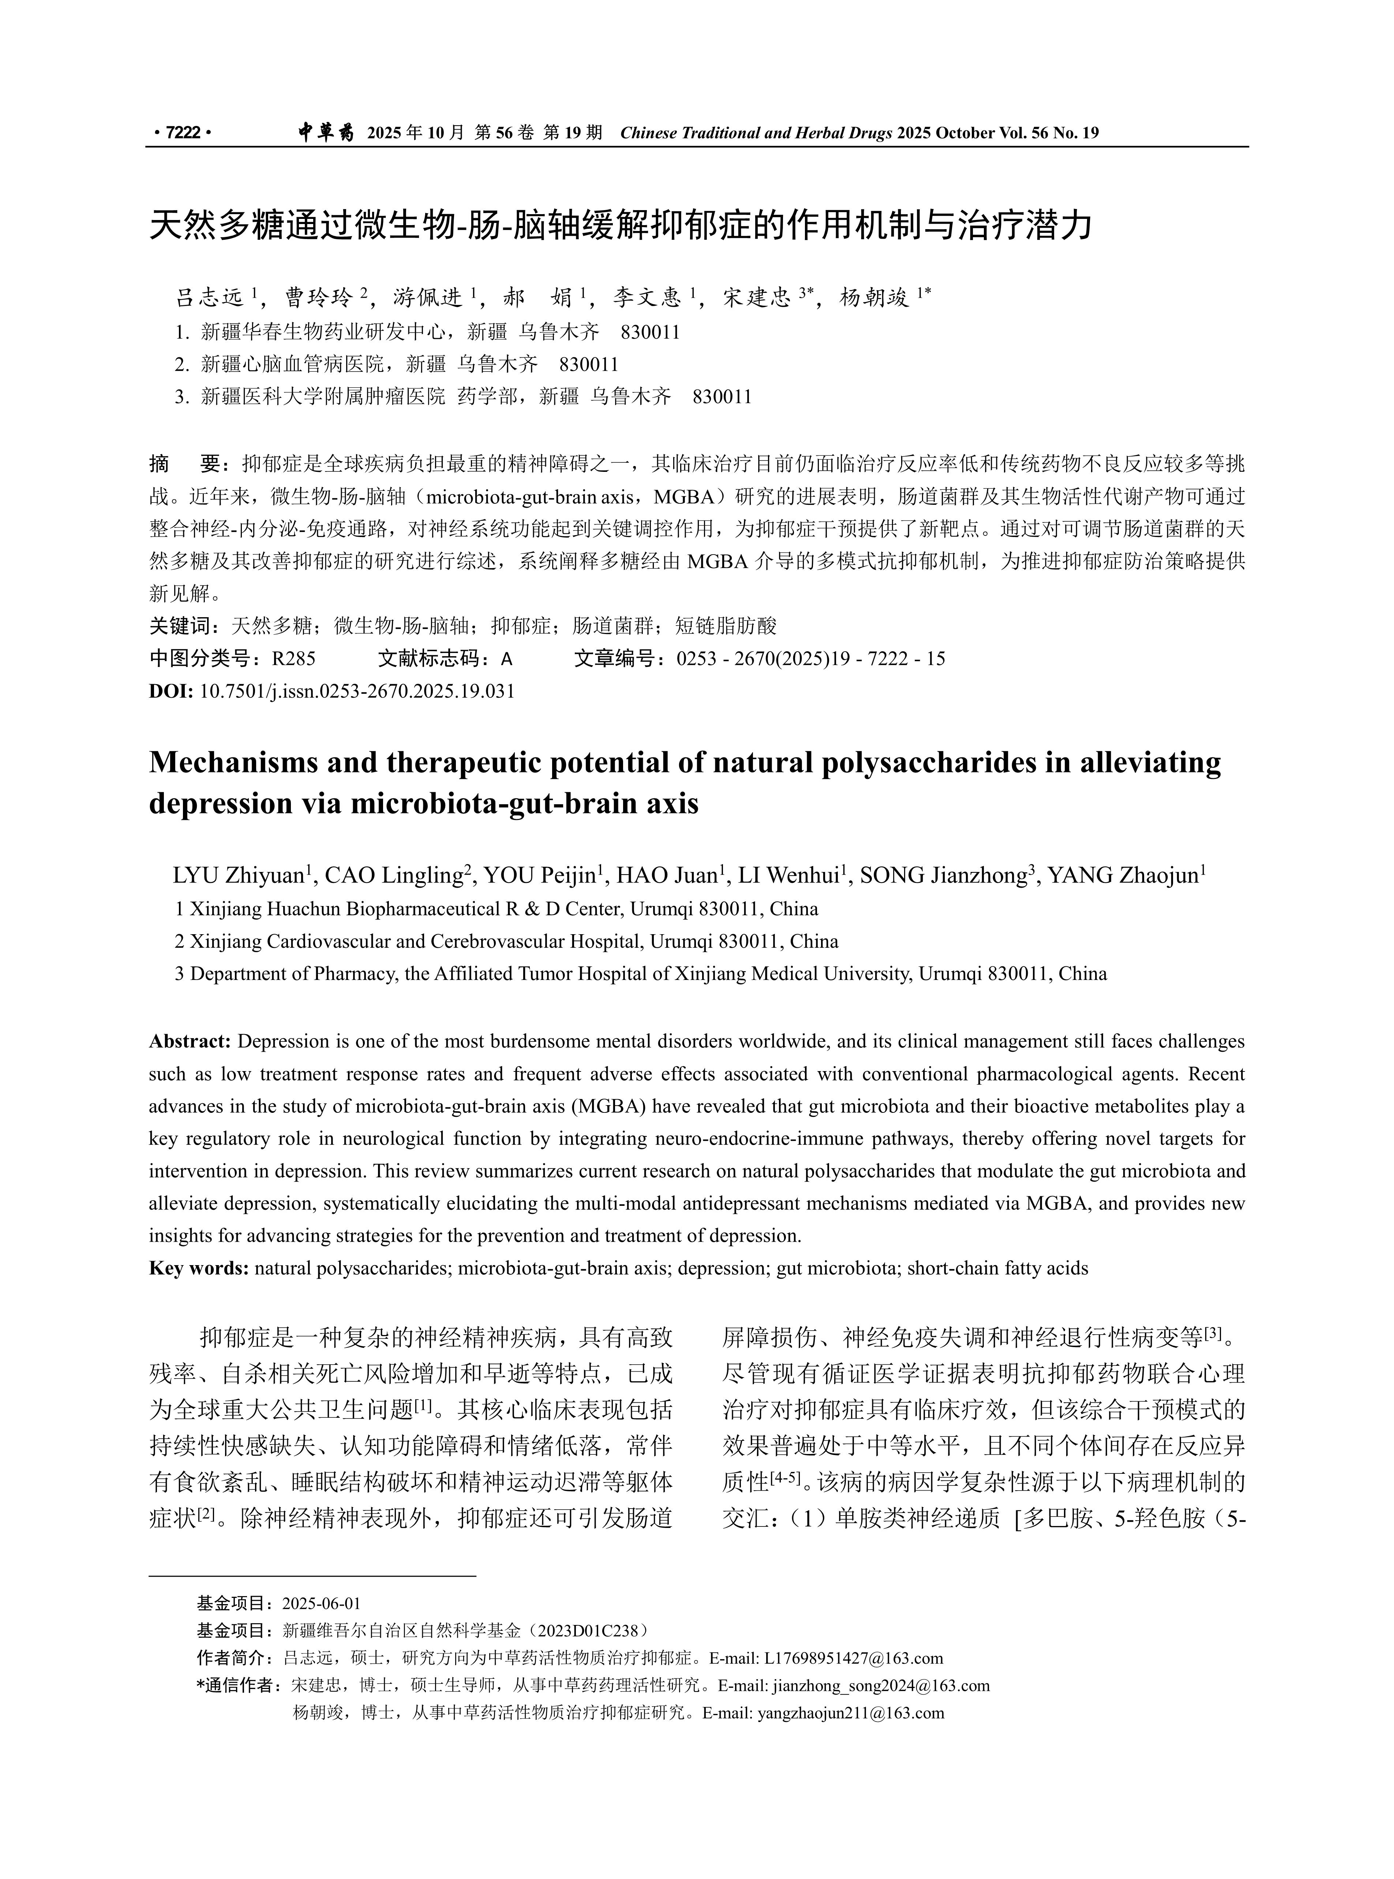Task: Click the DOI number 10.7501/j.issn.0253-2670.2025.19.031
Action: (x=357, y=691)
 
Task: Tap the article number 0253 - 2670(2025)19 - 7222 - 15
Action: (x=810, y=659)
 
